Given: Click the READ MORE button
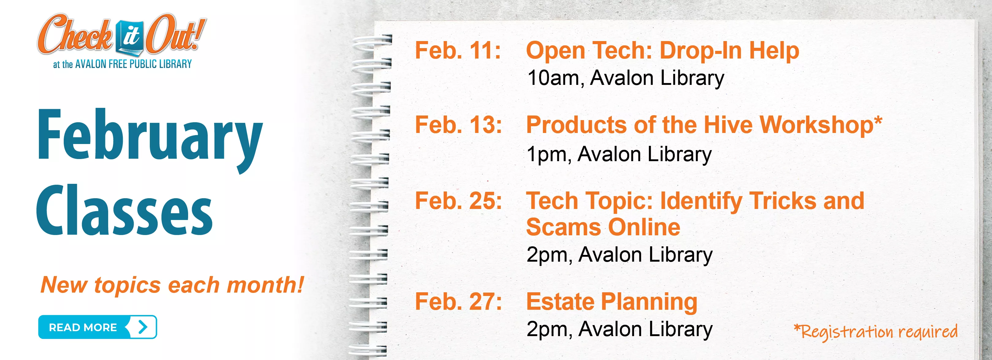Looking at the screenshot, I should [97, 327].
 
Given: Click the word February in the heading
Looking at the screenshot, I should [150, 137].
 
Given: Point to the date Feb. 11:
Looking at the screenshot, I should [457, 51].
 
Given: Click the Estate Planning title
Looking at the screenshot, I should [611, 301].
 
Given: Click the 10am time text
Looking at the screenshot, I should [553, 78].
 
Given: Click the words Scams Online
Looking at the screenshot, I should [603, 227].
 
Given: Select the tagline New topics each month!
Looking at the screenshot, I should [172, 285].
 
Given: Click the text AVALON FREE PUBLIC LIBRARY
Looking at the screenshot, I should [133, 64].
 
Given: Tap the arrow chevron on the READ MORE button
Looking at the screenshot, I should [143, 327].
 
